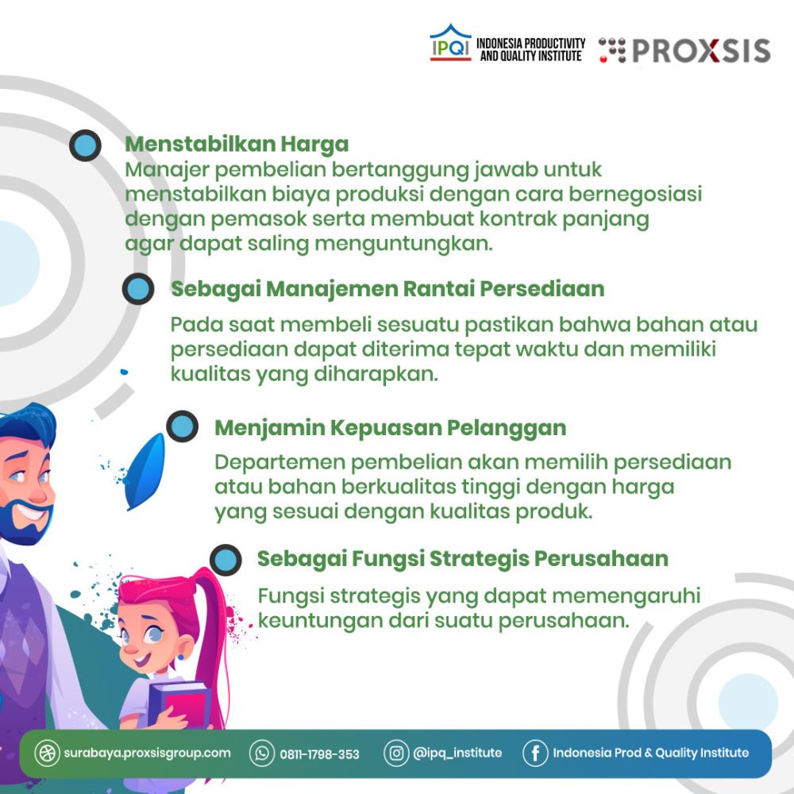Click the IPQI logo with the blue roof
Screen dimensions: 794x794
450,43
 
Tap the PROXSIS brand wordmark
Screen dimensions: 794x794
701,51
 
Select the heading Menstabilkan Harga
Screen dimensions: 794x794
237,145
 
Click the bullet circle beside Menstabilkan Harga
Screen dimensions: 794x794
85,145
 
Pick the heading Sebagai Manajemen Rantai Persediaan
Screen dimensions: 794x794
387,289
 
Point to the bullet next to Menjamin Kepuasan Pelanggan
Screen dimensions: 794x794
182,426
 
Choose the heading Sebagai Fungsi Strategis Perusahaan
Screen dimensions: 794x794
462,559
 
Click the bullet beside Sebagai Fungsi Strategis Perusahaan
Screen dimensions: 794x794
225,560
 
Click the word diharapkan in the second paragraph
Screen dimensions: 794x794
376,374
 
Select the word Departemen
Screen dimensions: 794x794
280,463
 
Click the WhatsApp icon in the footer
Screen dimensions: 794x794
262,753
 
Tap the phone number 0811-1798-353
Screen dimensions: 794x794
319,754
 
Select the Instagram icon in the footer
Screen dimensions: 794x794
396,753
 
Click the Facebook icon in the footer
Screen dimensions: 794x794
535,753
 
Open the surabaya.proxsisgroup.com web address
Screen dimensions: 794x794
147,753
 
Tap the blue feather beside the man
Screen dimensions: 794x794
145,472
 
